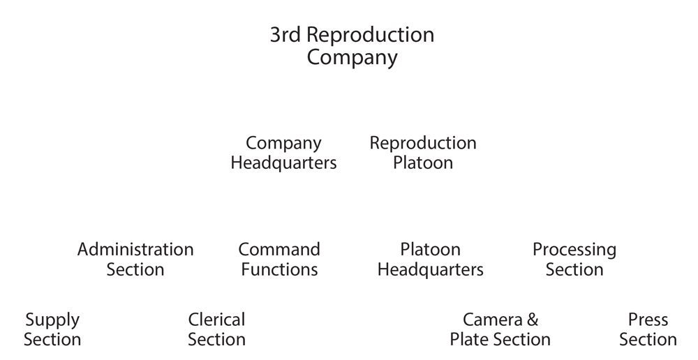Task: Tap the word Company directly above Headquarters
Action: point(283,143)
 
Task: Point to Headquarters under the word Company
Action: point(283,163)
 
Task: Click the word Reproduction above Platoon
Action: point(423,143)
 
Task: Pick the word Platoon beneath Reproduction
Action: point(423,163)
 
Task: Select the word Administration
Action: point(135,249)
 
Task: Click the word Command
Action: point(279,249)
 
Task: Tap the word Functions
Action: point(279,269)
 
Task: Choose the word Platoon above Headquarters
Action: point(430,249)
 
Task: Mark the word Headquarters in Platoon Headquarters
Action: point(430,269)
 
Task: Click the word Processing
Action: point(574,250)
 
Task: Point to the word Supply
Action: point(52,321)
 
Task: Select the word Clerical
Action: point(216,320)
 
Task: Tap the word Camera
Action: point(493,320)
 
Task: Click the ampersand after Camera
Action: point(532,320)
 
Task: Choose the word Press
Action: point(648,320)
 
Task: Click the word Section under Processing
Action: point(574,269)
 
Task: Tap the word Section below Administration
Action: point(135,269)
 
